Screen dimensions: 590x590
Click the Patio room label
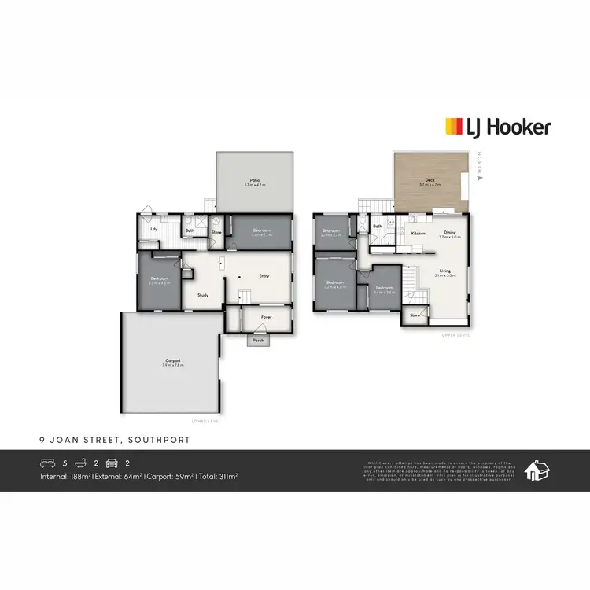pyautogui.click(x=255, y=180)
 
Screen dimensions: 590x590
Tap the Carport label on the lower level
pyautogui.click(x=172, y=362)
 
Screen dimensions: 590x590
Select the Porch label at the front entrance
pyautogui.click(x=258, y=341)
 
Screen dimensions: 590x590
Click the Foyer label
pyautogui.click(x=267, y=318)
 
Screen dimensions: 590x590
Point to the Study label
pyautogui.click(x=202, y=295)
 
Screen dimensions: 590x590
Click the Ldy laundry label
pyautogui.click(x=154, y=229)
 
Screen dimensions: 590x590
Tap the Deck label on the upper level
pyautogui.click(x=430, y=180)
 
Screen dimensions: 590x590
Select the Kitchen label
pyautogui.click(x=418, y=233)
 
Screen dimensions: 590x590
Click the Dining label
pyautogui.click(x=449, y=232)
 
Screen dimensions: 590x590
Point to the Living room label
pyautogui.click(x=445, y=271)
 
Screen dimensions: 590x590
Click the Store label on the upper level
pyautogui.click(x=415, y=315)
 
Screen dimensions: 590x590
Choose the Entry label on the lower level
pyautogui.click(x=264, y=275)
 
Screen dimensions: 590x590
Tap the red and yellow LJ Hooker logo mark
pyautogui.click(x=454, y=127)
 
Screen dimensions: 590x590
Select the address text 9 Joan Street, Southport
pyautogui.click(x=114, y=441)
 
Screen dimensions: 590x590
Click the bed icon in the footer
pyautogui.click(x=47, y=462)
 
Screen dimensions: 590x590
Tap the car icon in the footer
pyautogui.click(x=112, y=462)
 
